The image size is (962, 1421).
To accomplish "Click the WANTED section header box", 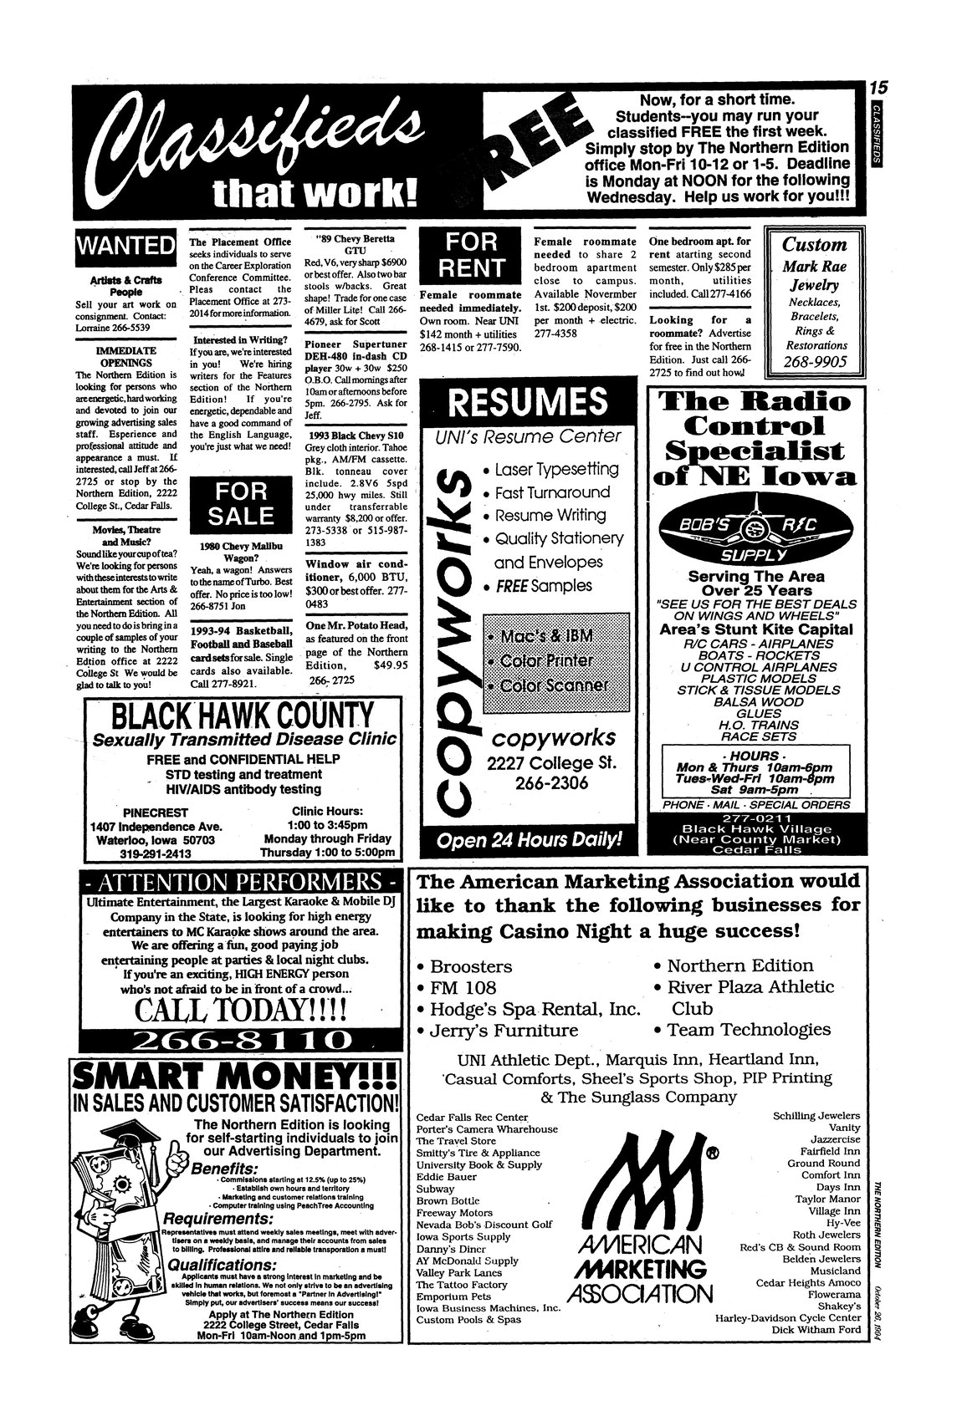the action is coord(125,246).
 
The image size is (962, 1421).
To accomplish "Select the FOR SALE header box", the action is coord(241,504).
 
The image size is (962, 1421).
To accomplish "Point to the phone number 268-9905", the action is coord(815,362).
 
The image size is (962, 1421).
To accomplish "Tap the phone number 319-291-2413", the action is coord(156,854).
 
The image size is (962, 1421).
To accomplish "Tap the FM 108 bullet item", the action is coord(463,988).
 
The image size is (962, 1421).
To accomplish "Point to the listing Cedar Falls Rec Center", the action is coord(473,1117).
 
